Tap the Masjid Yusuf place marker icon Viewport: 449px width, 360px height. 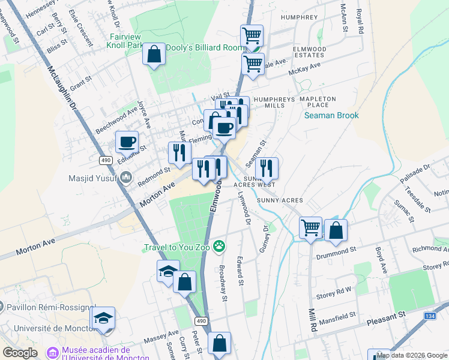click(126, 177)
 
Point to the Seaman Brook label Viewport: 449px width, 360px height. click(331, 115)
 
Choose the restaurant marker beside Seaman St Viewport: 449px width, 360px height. click(267, 169)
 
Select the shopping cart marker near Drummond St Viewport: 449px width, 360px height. click(311, 228)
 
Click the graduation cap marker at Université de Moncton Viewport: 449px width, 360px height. click(104, 319)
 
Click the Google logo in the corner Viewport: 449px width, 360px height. click(20, 353)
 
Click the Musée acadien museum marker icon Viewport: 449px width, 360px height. click(52, 352)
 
